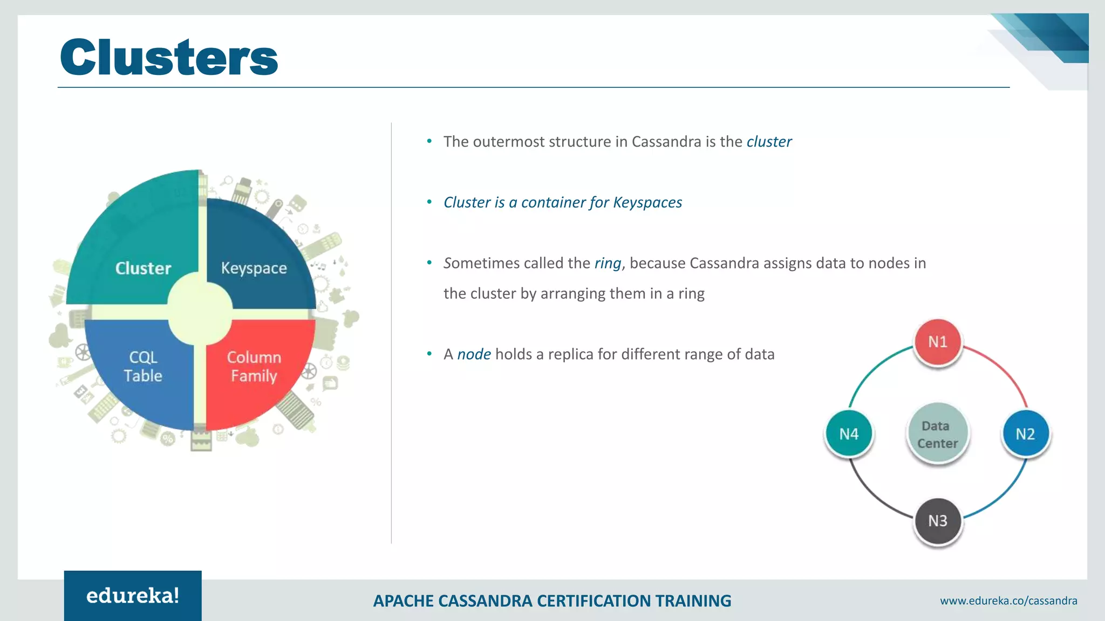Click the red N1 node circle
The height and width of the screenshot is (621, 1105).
click(938, 342)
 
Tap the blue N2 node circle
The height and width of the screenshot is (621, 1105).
click(1025, 434)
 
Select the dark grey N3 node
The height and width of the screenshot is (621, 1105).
click(938, 521)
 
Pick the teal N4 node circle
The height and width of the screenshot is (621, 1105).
click(849, 434)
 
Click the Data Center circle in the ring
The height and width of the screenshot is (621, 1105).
click(938, 434)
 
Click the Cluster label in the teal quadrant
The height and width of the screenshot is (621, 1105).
click(143, 268)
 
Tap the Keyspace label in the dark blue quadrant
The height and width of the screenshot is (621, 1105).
click(254, 268)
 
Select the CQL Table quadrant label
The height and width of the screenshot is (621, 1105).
click(142, 367)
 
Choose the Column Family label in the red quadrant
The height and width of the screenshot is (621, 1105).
click(254, 367)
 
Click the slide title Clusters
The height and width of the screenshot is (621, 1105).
click(169, 58)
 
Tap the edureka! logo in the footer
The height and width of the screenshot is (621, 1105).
click(133, 596)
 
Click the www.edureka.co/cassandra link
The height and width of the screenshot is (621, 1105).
click(1008, 601)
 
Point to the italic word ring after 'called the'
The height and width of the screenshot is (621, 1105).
click(608, 263)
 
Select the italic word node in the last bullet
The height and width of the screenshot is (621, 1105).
click(474, 354)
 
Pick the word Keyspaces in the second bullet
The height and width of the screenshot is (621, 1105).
click(647, 203)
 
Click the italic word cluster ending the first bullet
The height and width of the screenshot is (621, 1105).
click(769, 142)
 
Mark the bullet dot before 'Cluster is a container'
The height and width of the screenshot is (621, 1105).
click(429, 202)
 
